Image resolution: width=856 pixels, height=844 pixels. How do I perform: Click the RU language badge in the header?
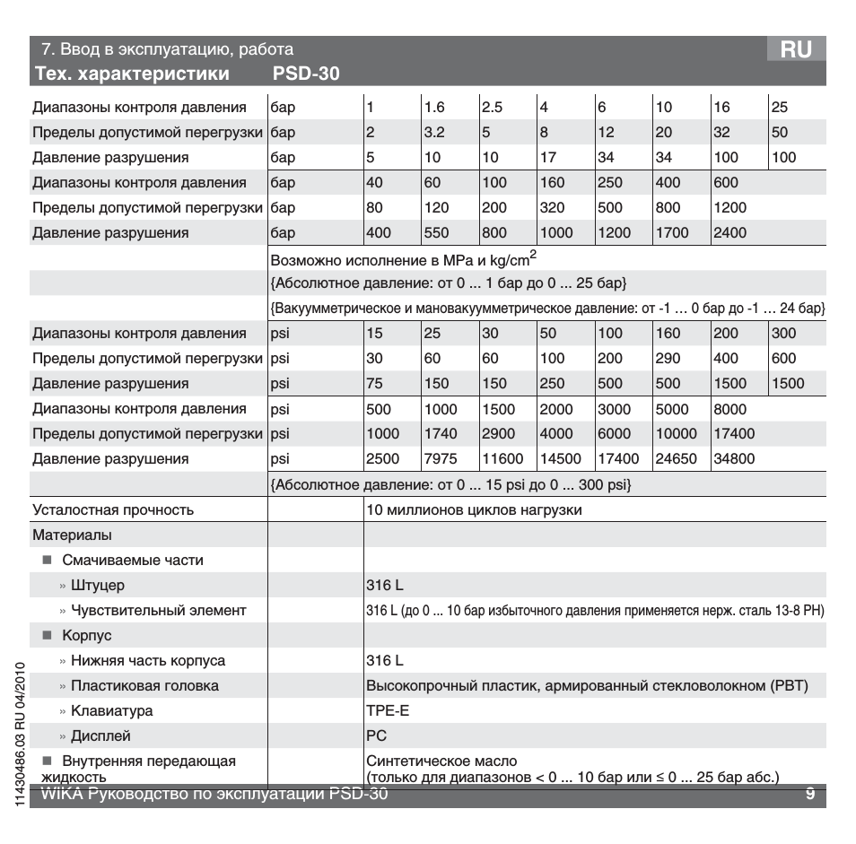point(796,50)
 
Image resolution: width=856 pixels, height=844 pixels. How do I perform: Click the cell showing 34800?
point(733,459)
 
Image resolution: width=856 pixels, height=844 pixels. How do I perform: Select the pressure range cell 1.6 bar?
point(435,108)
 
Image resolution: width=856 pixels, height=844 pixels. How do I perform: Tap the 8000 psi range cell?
point(730,409)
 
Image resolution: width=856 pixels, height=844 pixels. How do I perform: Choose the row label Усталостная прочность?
point(113,510)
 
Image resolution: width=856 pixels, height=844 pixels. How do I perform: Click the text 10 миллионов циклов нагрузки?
point(474,510)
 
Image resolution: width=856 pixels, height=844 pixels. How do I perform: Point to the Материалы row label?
point(72,535)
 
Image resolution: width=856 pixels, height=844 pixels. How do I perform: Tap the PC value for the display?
point(375,736)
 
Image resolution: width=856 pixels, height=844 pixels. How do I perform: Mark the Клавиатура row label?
point(111,711)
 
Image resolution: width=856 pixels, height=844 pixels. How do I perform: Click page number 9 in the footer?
point(809,794)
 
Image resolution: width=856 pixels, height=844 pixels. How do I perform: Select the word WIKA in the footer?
point(60,794)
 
